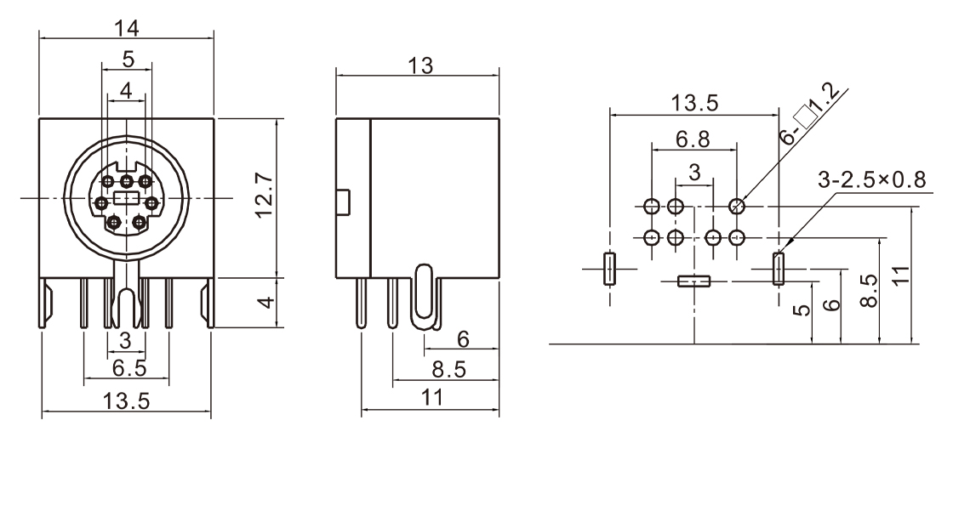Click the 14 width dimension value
(x=126, y=27)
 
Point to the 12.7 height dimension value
(x=265, y=197)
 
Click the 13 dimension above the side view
(x=417, y=65)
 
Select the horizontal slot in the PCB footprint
(x=693, y=281)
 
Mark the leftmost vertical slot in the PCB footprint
(x=609, y=268)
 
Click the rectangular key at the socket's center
(x=126, y=198)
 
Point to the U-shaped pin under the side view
(x=425, y=298)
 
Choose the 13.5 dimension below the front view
(x=126, y=401)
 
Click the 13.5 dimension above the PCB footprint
(x=694, y=104)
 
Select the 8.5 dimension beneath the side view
(x=447, y=369)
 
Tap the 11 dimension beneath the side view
(x=432, y=396)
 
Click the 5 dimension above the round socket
(x=127, y=60)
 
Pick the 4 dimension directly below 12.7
(x=265, y=302)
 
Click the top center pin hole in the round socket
(x=126, y=181)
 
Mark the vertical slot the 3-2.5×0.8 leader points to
(x=778, y=268)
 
